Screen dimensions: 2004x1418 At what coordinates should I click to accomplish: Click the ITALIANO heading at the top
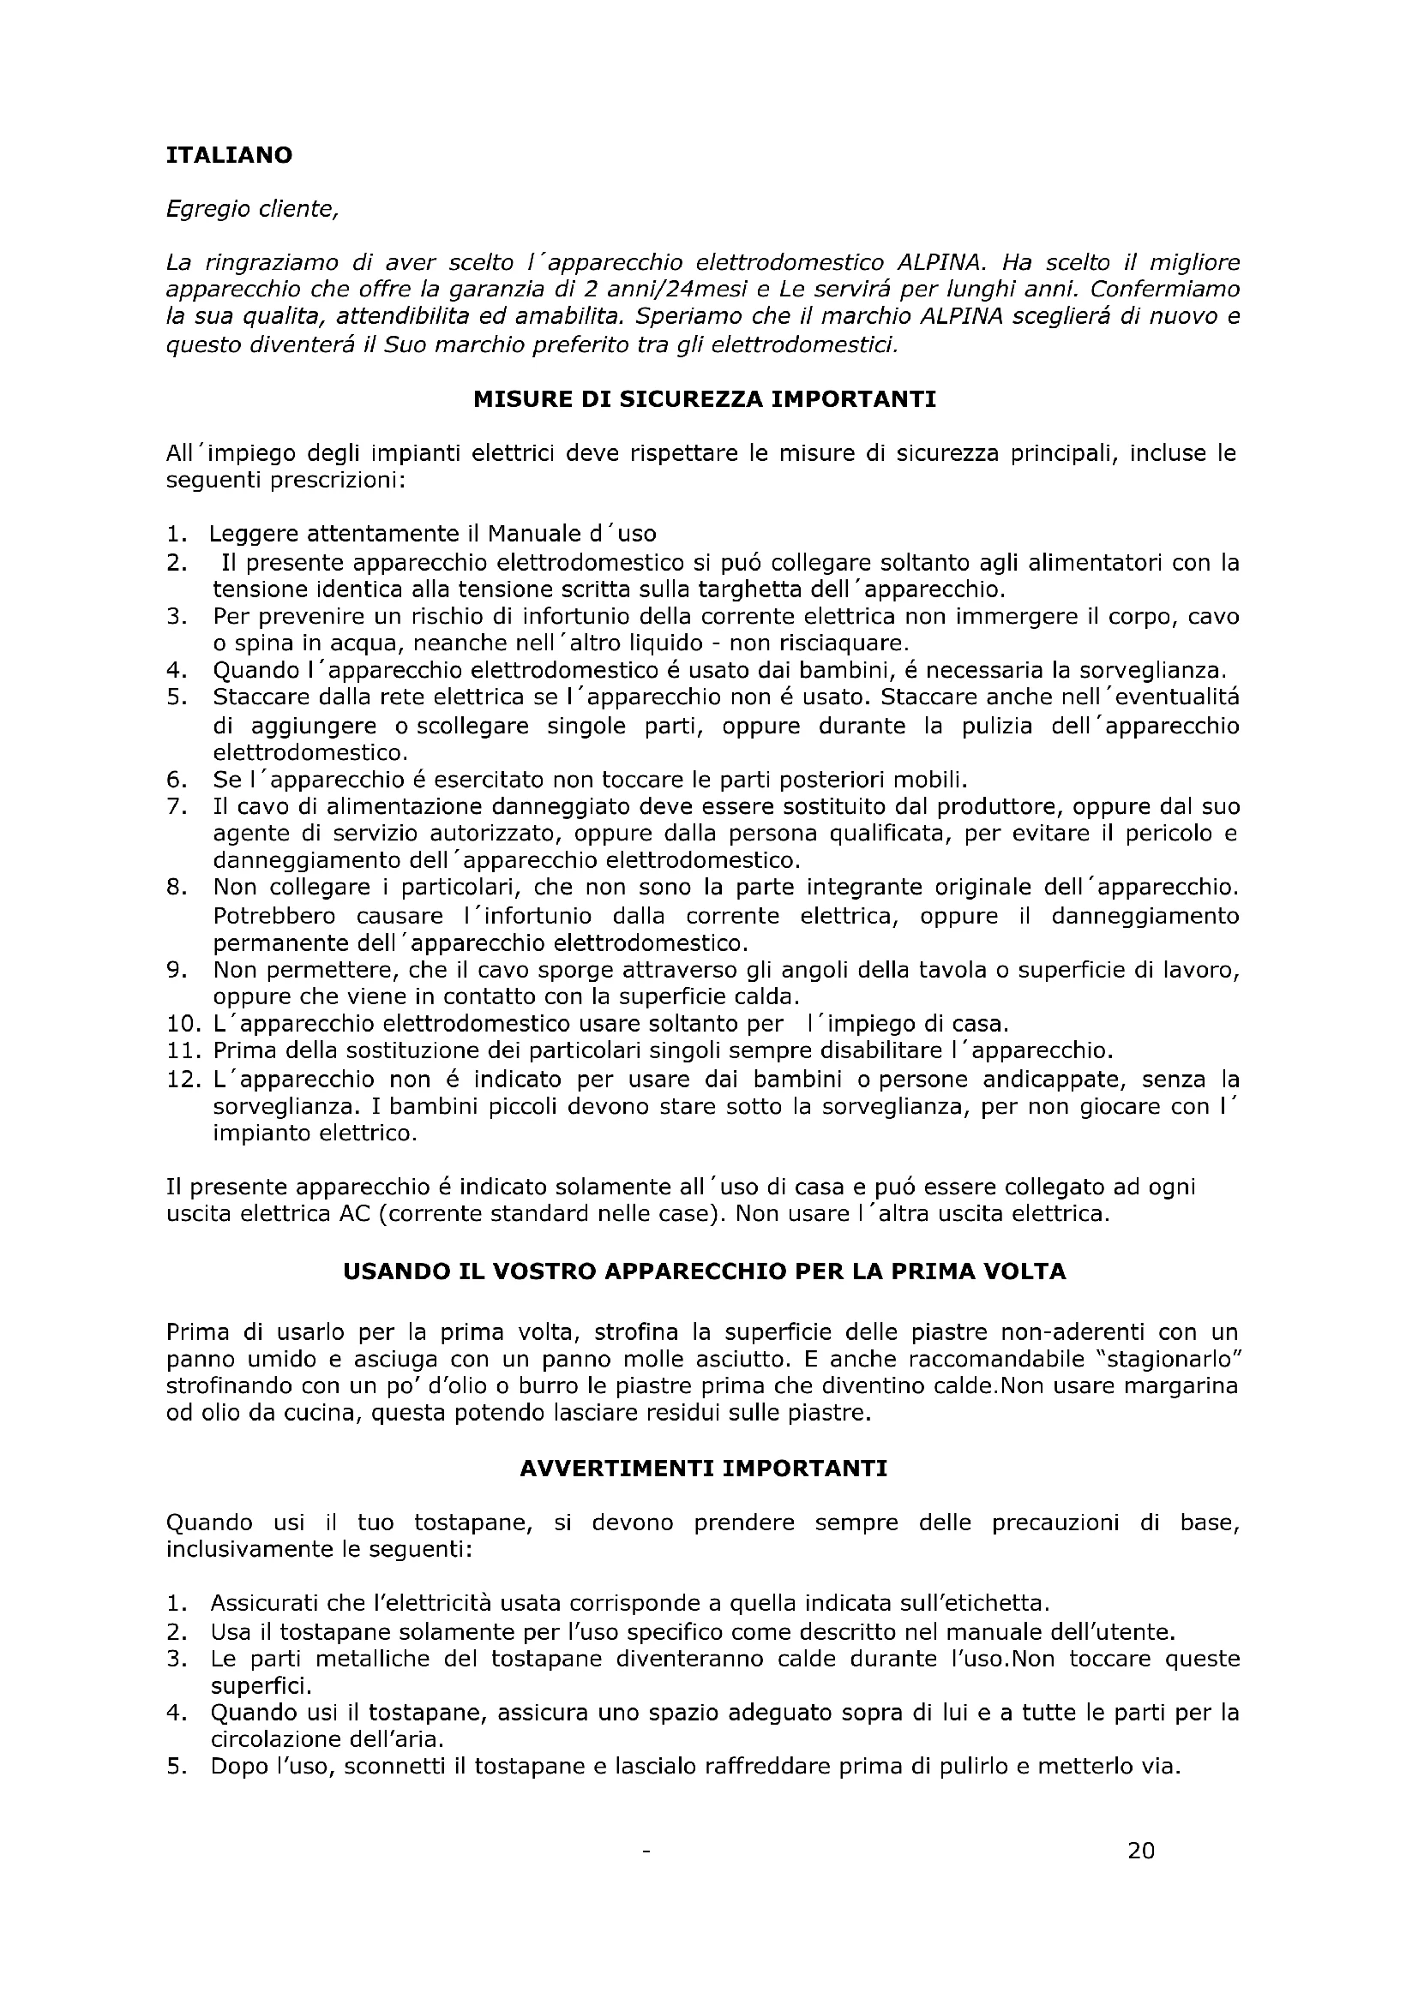click(x=229, y=155)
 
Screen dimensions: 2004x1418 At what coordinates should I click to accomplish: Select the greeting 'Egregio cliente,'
click(x=251, y=209)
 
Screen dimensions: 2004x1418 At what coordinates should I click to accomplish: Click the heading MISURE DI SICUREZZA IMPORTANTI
click(x=704, y=400)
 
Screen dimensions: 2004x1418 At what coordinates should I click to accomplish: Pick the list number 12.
click(x=183, y=1080)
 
